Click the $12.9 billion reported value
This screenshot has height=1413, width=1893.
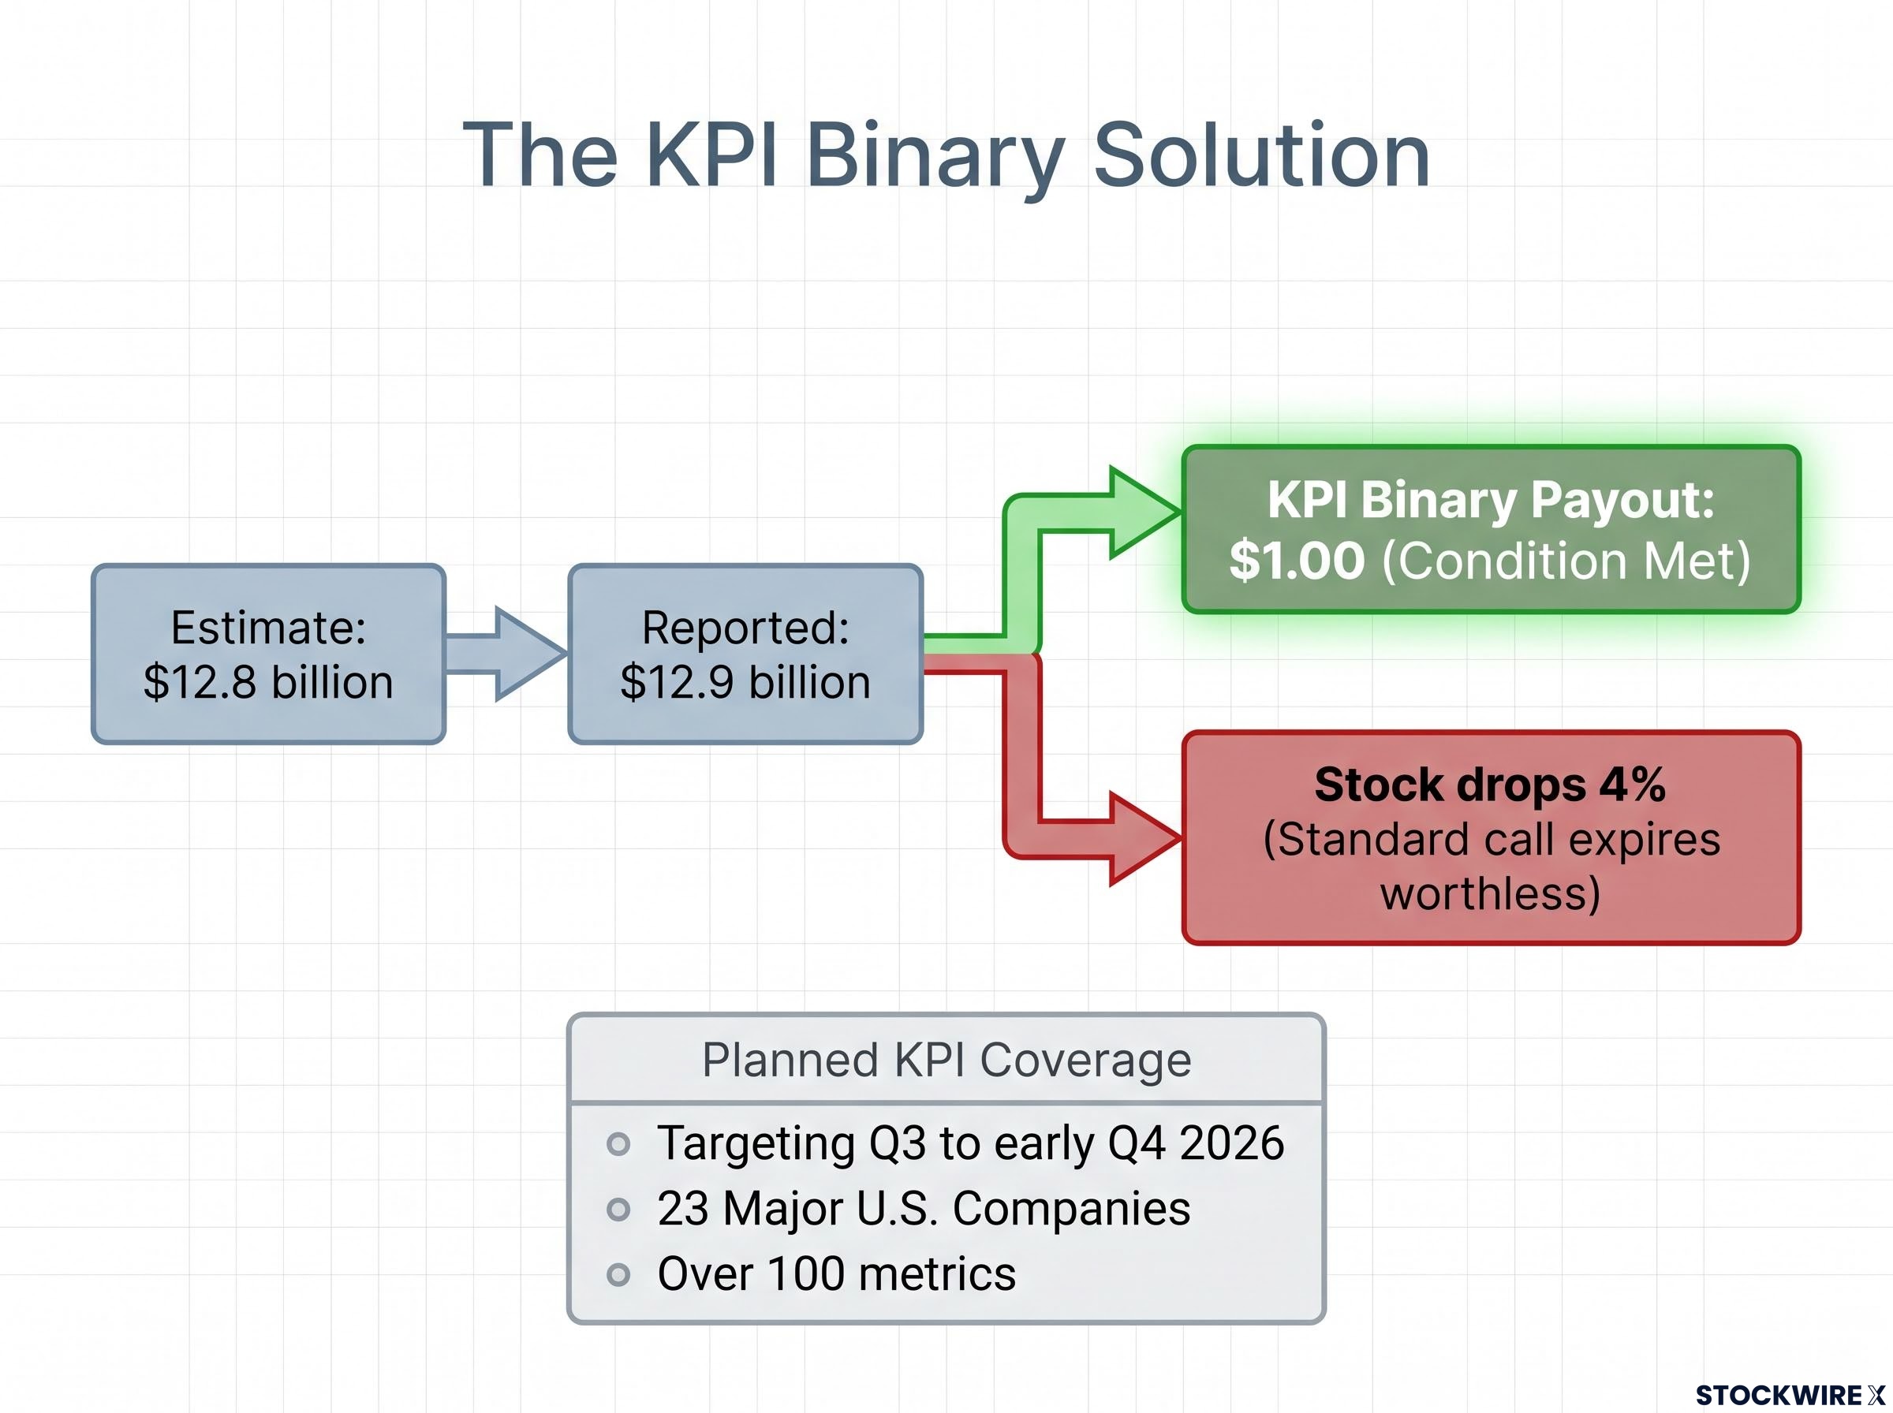tap(746, 683)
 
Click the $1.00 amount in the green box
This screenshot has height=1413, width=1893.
tap(1297, 561)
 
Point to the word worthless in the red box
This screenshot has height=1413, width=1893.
tap(1490, 894)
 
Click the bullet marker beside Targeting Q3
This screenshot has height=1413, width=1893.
tap(618, 1143)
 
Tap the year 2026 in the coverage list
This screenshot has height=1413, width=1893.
tap(1232, 1143)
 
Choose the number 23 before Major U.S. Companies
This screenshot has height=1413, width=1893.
tap(682, 1209)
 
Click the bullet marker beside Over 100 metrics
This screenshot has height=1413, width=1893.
tap(618, 1275)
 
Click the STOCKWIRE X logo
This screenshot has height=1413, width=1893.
tap(1790, 1395)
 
